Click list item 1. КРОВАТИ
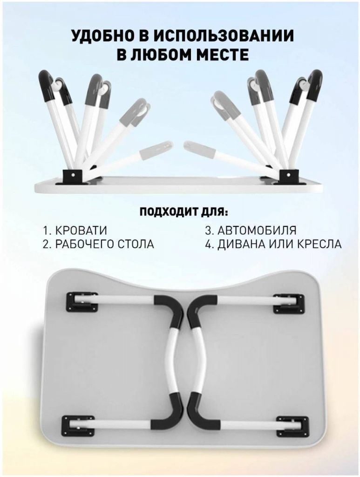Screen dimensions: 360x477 (75, 231)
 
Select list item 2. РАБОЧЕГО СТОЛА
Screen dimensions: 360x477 (98, 244)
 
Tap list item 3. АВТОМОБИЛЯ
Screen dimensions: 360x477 (251, 230)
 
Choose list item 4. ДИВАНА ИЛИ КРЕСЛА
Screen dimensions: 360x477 (273, 244)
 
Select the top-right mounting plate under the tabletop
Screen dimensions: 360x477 (289, 303)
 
